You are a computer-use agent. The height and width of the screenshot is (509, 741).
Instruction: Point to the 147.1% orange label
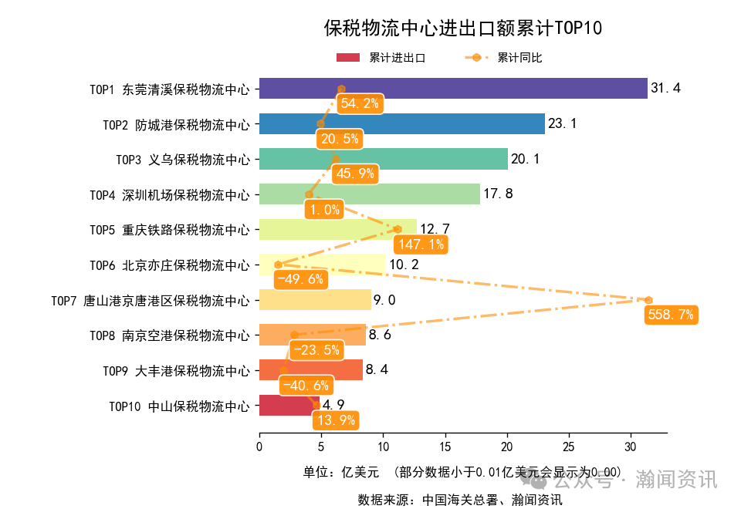point(419,244)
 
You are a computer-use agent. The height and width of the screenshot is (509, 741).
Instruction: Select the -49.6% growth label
point(299,279)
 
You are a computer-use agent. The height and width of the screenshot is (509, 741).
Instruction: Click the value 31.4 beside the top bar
point(665,89)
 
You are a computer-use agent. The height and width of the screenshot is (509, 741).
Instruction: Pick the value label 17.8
point(497,194)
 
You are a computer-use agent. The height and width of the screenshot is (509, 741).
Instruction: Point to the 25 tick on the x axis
point(569,447)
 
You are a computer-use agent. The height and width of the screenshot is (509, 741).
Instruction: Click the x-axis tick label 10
point(383,447)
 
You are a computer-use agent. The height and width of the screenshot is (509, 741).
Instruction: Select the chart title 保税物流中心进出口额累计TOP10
point(462,29)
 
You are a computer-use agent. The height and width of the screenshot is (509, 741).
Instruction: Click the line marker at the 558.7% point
point(648,300)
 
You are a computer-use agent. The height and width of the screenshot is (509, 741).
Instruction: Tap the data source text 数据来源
point(459,499)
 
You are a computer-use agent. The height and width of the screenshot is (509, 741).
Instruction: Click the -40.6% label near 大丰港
point(306,385)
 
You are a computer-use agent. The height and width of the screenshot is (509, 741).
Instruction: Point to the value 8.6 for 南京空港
point(380,335)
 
